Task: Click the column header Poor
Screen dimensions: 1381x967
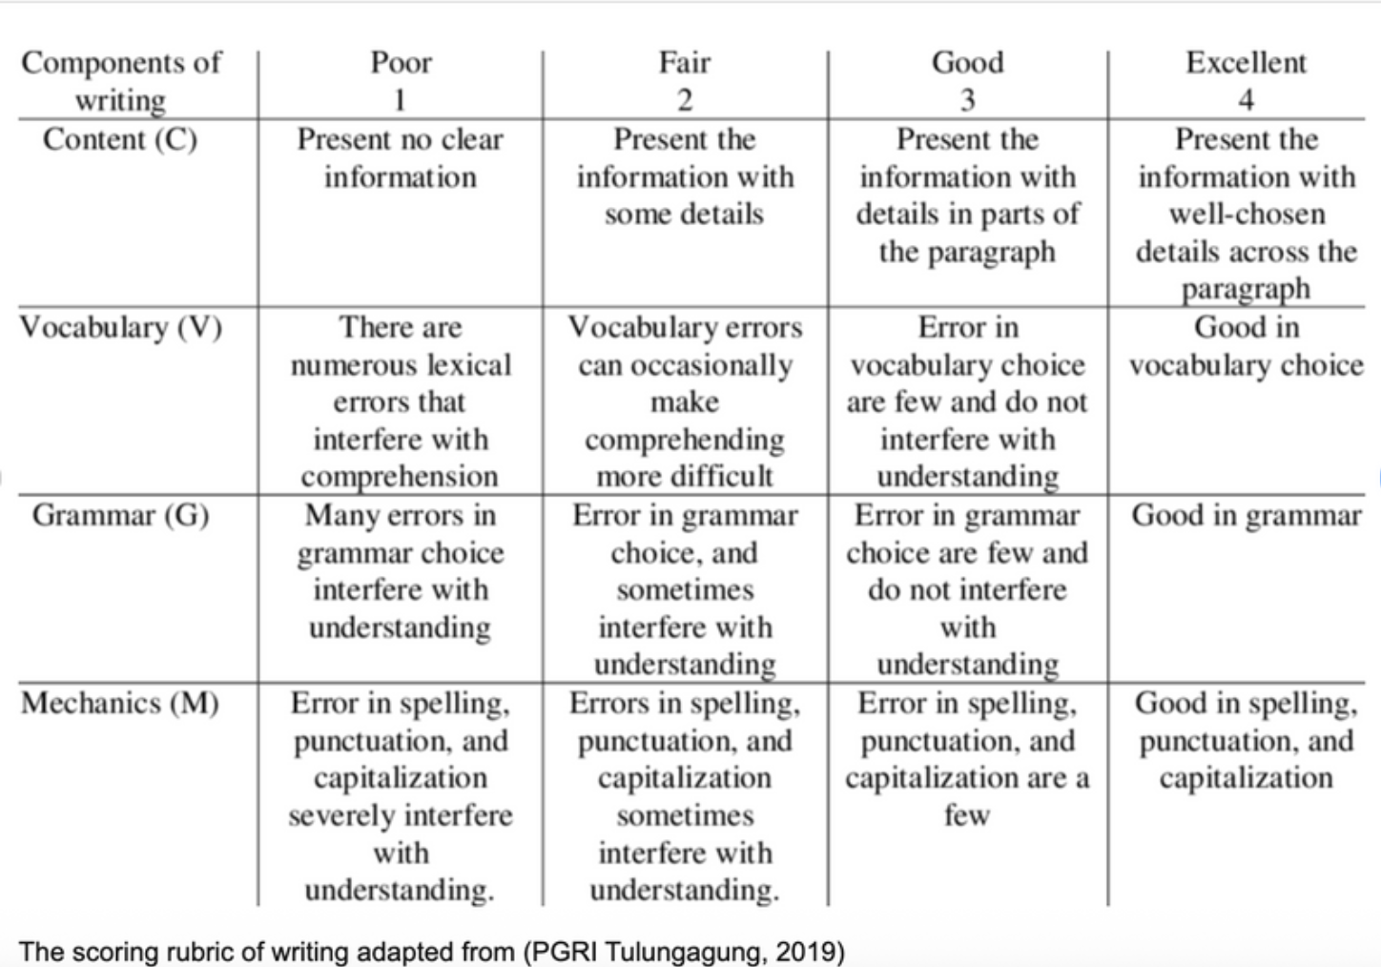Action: (401, 63)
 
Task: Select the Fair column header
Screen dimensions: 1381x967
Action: (684, 63)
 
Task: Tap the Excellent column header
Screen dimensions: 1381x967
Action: (1246, 63)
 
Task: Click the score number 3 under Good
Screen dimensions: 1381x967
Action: (967, 99)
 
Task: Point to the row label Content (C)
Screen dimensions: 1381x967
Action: (120, 139)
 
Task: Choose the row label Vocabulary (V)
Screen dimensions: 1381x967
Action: (120, 327)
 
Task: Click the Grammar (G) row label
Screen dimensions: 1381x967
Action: (120, 515)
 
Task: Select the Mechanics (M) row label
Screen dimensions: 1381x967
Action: (120, 703)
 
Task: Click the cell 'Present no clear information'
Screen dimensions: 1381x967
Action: (400, 158)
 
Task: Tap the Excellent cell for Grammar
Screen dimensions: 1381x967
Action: (1246, 515)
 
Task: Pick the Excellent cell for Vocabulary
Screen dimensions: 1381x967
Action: (1246, 346)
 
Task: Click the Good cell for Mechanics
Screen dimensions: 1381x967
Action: (967, 759)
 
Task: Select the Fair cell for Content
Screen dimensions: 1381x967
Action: (684, 176)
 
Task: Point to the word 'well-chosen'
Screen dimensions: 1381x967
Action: (1246, 214)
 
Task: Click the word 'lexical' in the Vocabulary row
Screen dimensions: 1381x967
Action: (469, 364)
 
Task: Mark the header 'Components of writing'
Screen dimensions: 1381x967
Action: (120, 81)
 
